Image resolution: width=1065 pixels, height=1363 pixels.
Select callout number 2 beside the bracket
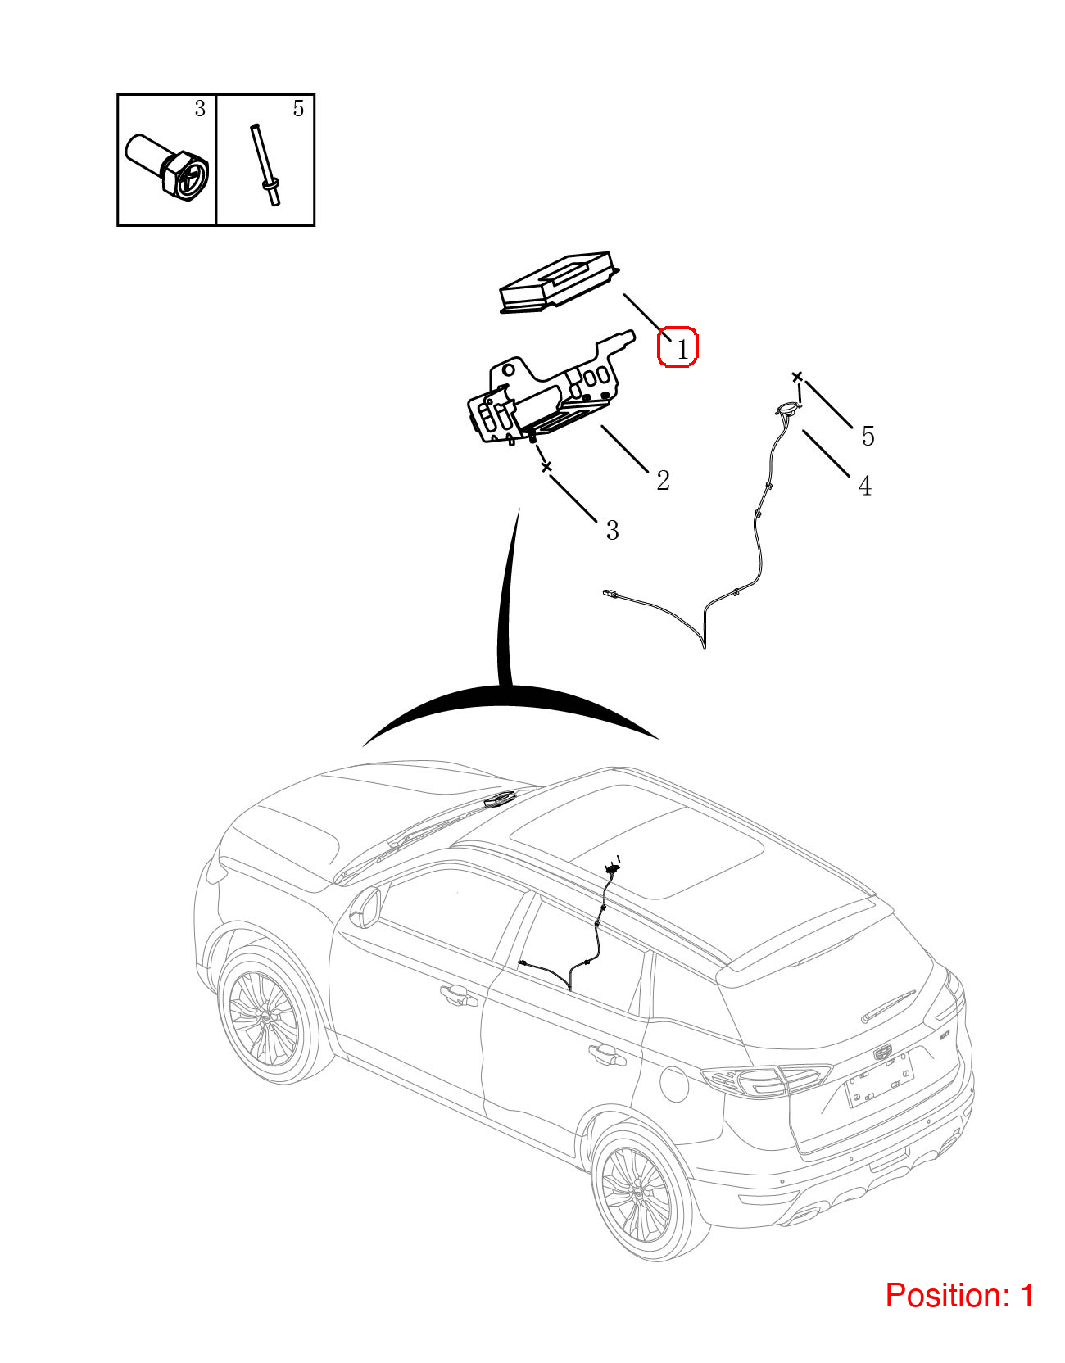click(663, 480)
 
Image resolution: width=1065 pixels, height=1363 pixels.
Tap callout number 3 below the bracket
click(612, 531)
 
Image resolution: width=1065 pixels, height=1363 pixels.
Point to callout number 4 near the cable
click(864, 486)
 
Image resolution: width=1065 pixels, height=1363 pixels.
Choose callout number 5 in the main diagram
click(868, 436)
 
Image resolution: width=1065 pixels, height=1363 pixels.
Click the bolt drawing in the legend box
click(168, 167)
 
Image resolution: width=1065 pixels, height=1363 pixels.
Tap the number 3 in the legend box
click(200, 108)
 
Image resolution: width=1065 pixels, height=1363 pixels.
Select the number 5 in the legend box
click(298, 108)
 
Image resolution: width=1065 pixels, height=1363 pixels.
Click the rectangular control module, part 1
click(558, 282)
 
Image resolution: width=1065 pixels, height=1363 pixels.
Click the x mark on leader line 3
click(546, 467)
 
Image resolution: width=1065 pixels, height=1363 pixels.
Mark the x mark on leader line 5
click(797, 377)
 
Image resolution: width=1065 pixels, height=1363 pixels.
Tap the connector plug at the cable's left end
click(609, 592)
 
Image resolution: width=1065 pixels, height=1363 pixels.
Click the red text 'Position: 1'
click(959, 1296)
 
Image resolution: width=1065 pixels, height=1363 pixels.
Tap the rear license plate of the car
click(880, 1079)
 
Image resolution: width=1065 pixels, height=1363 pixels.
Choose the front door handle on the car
click(459, 995)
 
